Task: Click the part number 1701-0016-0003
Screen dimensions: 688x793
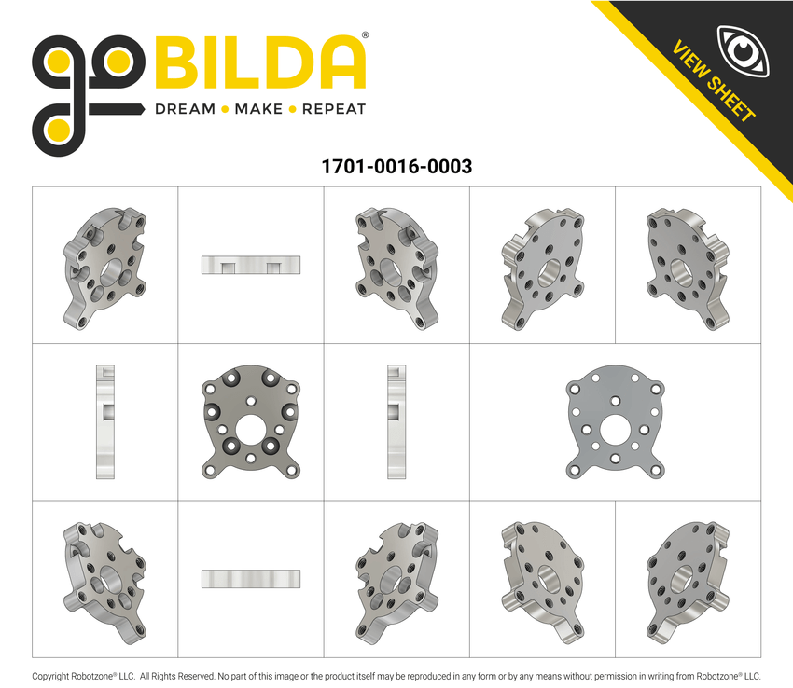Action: point(396,167)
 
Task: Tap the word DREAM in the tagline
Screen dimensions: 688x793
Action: point(185,109)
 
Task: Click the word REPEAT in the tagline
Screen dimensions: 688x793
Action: point(333,109)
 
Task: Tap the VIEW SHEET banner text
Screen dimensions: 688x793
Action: point(714,82)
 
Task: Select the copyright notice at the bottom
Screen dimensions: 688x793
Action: point(396,676)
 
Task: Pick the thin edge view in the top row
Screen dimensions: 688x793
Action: point(250,265)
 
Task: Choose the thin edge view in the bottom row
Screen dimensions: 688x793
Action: point(250,579)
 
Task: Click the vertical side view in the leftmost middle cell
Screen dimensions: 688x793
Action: point(104,422)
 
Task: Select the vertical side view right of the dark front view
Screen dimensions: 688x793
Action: point(396,422)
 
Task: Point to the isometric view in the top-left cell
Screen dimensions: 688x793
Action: point(105,266)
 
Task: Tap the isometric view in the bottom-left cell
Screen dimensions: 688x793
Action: point(104,579)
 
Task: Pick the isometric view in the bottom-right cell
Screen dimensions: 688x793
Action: point(688,579)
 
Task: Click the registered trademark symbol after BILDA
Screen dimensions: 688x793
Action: point(365,35)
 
